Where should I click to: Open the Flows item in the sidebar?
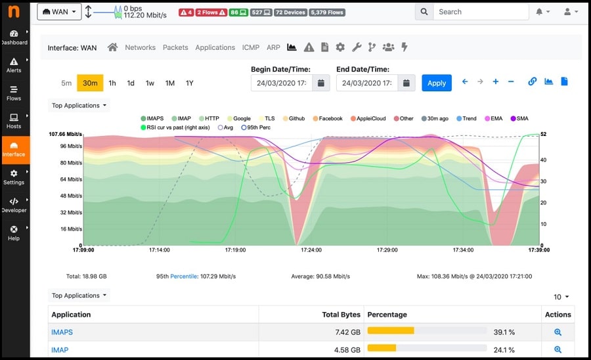coord(14,93)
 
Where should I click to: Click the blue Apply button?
coord(437,83)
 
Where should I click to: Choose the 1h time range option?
coord(112,83)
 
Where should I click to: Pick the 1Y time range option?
coord(189,83)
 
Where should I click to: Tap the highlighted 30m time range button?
coord(90,83)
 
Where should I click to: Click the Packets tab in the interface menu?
coord(175,47)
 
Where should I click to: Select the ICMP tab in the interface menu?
coord(250,47)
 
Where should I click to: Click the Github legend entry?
coord(296,119)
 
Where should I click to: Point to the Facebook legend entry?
coord(330,119)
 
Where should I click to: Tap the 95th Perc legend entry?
coord(255,127)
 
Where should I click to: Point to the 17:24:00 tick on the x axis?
coord(311,250)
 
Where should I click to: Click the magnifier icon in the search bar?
coord(424,12)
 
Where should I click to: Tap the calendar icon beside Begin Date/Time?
coord(320,83)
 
